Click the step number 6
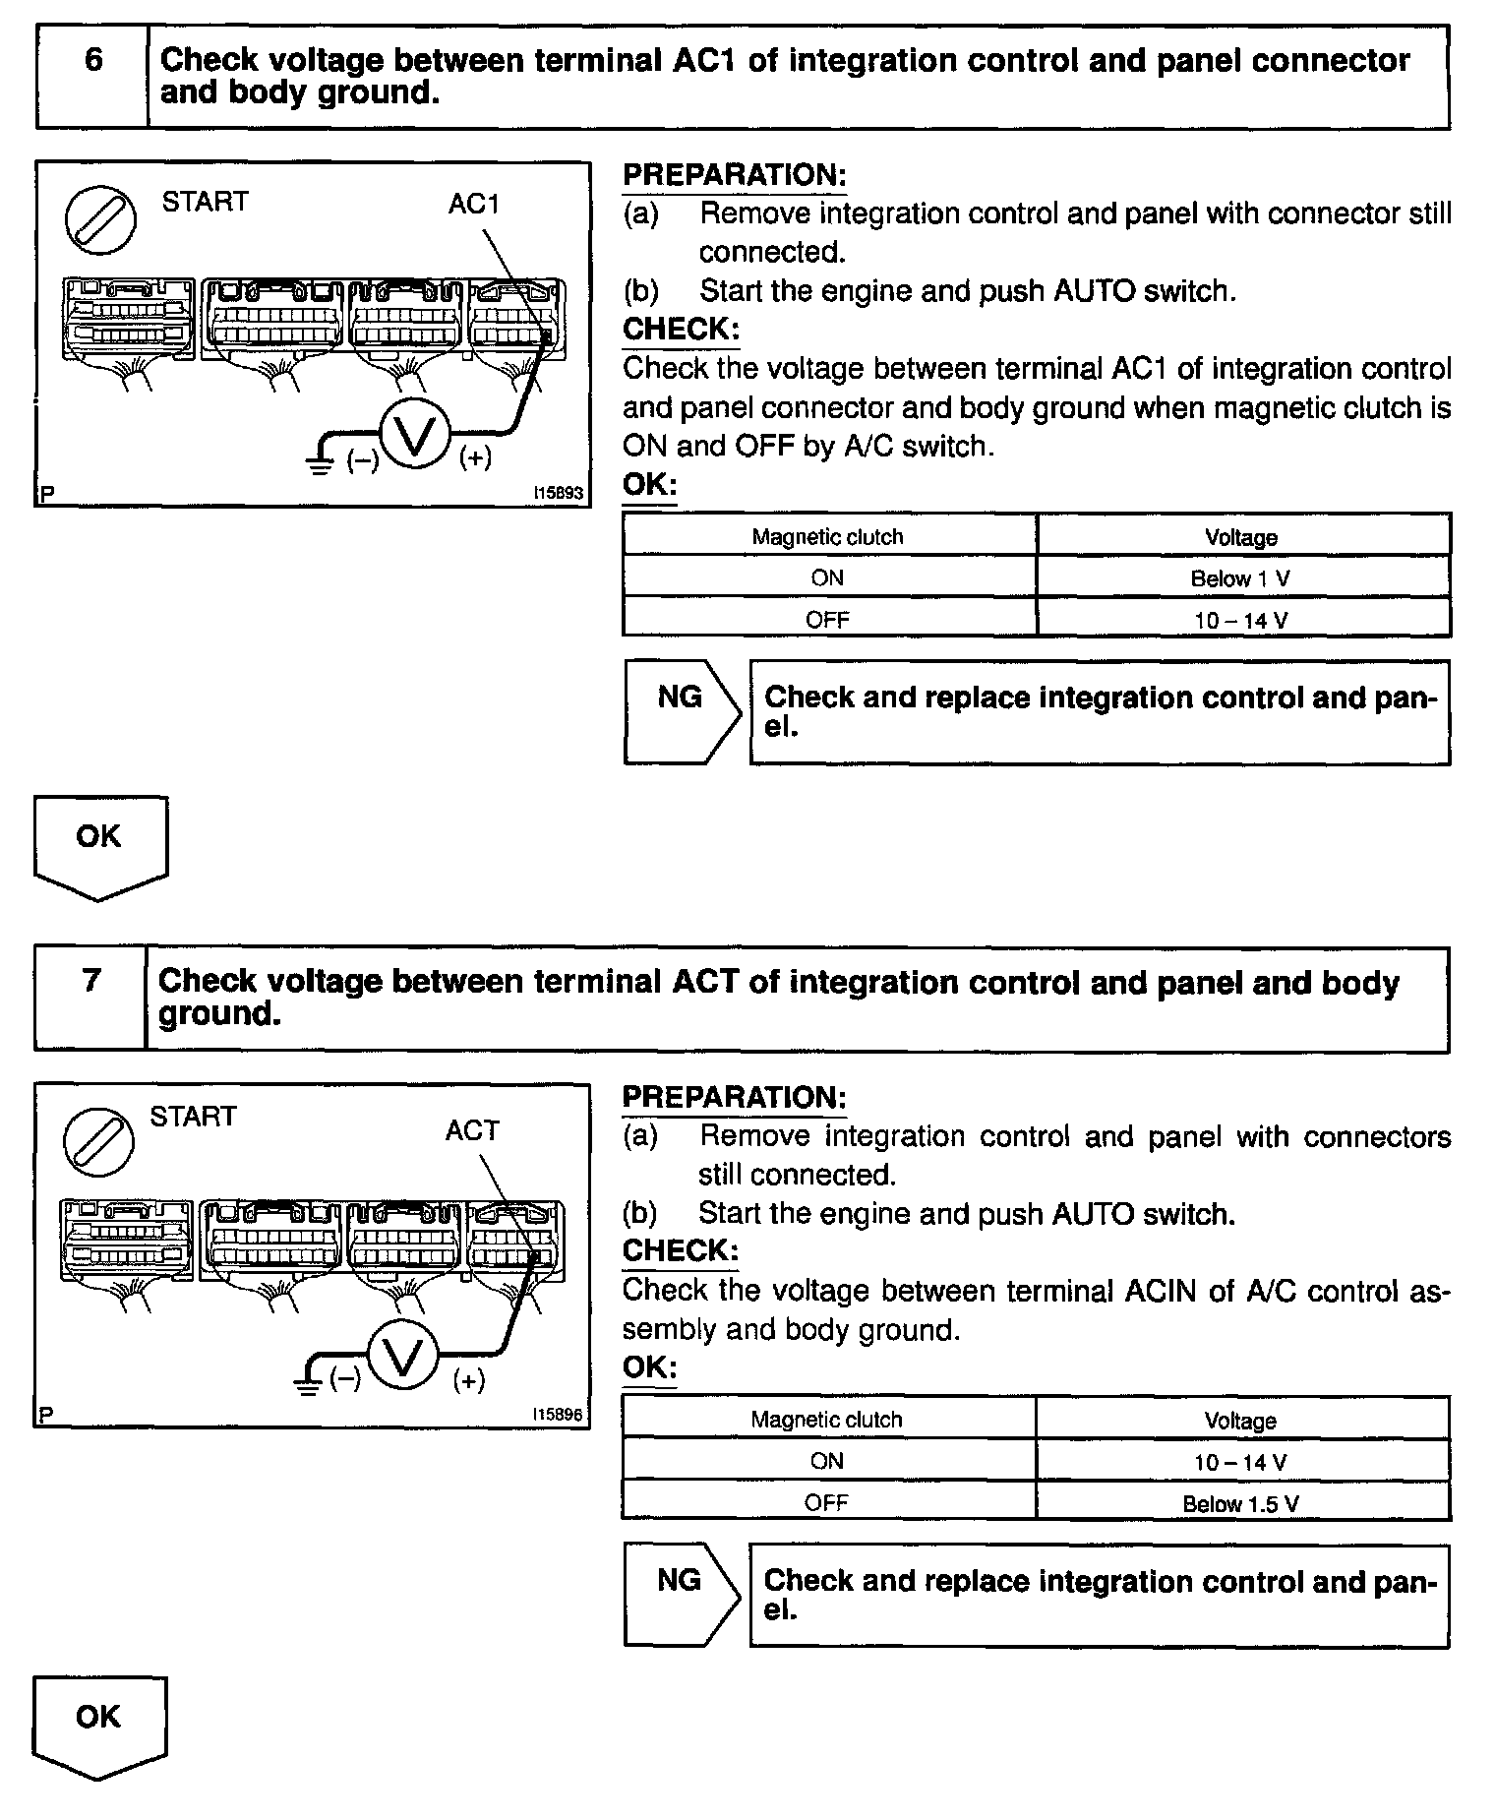92,61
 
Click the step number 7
91,981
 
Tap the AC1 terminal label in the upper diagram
474,204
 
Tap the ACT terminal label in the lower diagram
472,1131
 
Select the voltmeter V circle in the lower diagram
401,1354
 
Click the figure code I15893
558,493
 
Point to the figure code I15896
558,1415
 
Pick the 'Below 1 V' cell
1241,578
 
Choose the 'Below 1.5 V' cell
1241,1503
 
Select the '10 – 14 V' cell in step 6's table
1241,620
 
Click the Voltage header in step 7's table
1241,1421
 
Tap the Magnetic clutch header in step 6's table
827,537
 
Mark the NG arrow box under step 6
681,711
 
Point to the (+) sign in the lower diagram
469,1380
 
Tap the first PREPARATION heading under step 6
735,175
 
